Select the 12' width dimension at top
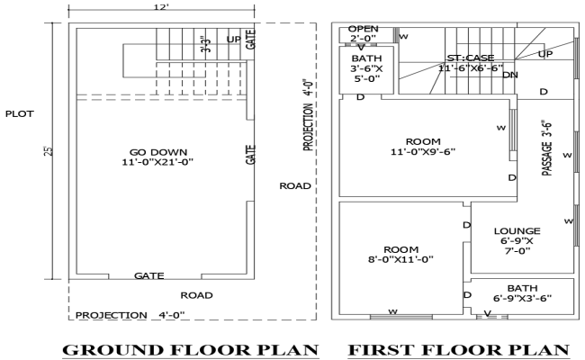tap(161, 7)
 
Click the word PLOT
tap(21, 114)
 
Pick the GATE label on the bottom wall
tap(148, 275)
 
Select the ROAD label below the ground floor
tap(196, 295)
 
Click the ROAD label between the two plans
tap(295, 186)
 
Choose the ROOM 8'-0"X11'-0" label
tap(396, 254)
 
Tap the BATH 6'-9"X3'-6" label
tap(522, 292)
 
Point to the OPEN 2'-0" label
tap(364, 34)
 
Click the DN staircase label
tap(509, 75)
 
